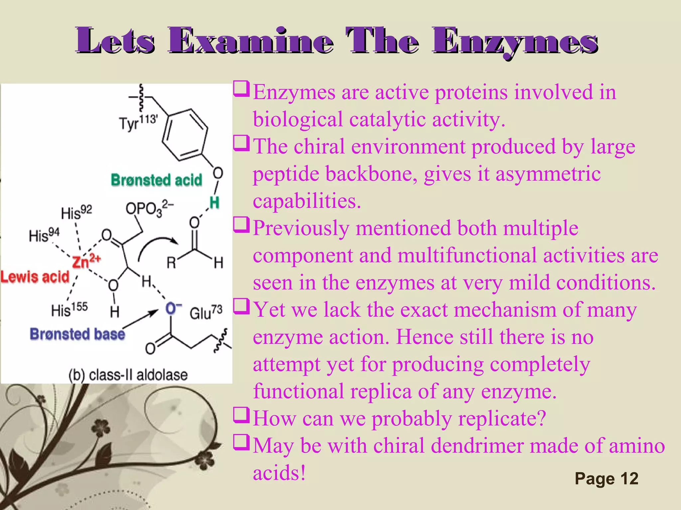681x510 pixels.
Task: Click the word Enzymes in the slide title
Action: pyautogui.click(x=515, y=42)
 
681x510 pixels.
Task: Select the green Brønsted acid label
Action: pyautogui.click(x=156, y=180)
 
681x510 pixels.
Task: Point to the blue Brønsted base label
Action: pyautogui.click(x=77, y=334)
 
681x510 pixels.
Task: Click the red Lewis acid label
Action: pyautogui.click(x=35, y=277)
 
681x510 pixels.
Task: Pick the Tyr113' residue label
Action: pyautogui.click(x=138, y=123)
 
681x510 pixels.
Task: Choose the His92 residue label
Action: pyautogui.click(x=76, y=212)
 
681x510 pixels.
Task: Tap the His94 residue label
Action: pyautogui.click(x=44, y=235)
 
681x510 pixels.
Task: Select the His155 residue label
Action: pyautogui.click(x=69, y=310)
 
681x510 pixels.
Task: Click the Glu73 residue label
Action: pyautogui.click(x=206, y=312)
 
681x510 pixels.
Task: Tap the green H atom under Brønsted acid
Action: pyautogui.click(x=214, y=202)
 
